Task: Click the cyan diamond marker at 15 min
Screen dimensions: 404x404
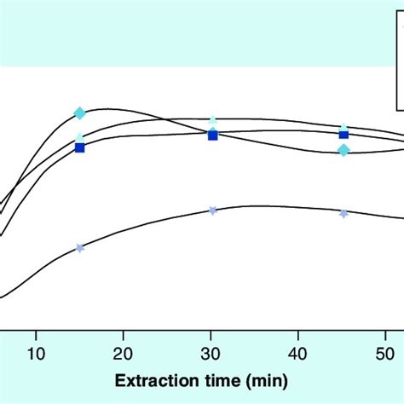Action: coord(80,113)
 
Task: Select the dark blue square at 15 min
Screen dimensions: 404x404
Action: coord(80,147)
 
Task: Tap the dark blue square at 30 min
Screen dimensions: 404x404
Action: coord(212,135)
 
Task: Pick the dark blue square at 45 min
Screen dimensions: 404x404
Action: coord(343,134)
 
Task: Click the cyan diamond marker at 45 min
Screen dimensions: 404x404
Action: coord(343,150)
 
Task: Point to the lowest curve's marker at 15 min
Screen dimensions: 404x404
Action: coord(80,248)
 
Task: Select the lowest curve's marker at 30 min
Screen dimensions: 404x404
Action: coord(212,210)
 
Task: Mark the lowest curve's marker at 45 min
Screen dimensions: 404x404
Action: coord(343,213)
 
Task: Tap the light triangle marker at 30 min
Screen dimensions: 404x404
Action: coord(212,120)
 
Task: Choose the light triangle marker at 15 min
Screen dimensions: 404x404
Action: coord(80,136)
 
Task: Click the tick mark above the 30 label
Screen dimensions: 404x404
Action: coord(212,335)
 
